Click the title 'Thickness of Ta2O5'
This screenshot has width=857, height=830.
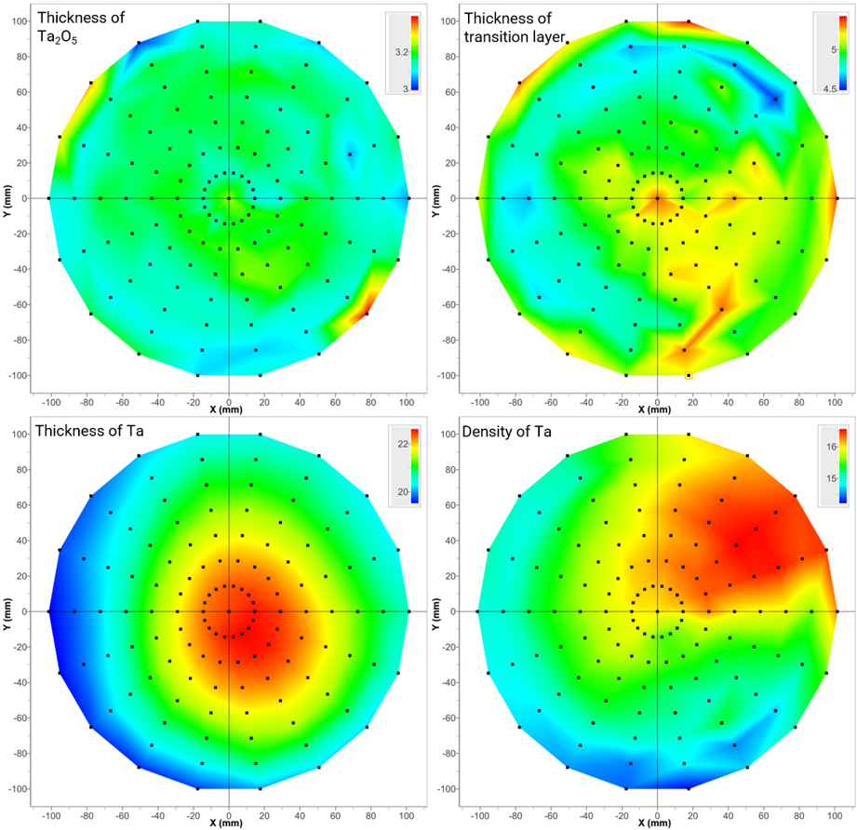click(81, 27)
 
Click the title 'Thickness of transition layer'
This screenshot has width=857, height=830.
click(515, 27)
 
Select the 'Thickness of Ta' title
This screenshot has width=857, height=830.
click(89, 431)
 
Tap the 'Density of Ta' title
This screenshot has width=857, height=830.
click(506, 432)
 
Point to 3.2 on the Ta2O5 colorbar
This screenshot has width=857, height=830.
click(402, 52)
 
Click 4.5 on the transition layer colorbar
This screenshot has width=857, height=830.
click(830, 89)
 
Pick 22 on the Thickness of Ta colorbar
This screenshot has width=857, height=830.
click(403, 444)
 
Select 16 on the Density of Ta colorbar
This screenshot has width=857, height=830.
click(831, 447)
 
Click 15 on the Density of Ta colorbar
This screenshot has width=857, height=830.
click(831, 478)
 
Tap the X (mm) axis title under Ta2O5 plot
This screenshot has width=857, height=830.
click(226, 409)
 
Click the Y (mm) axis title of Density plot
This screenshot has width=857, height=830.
click(435, 614)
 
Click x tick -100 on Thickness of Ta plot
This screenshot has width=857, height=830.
click(51, 816)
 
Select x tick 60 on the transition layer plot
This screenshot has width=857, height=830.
click(764, 403)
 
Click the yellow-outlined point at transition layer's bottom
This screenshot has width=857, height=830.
click(689, 375)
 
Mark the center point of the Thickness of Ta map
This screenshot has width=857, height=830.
click(229, 611)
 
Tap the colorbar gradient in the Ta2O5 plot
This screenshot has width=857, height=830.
click(415, 52)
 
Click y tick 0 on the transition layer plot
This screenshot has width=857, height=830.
click(453, 198)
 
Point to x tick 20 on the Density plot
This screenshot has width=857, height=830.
click(692, 816)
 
